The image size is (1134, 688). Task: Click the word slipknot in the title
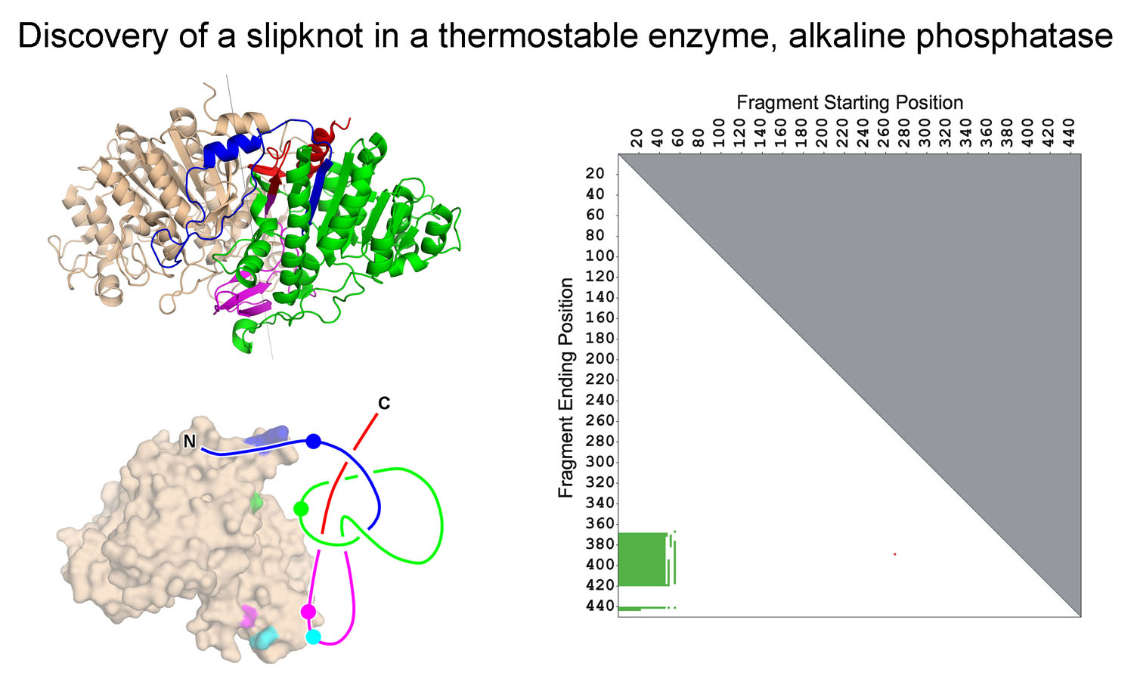coord(305,36)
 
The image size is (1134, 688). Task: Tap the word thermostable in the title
coord(538,36)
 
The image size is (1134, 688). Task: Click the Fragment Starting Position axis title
coord(850,102)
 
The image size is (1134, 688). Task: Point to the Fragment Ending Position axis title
coord(566,387)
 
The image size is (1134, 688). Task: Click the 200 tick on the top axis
coord(822,132)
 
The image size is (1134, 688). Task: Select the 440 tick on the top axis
coord(1069,132)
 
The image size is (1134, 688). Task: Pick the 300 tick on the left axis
coord(600,462)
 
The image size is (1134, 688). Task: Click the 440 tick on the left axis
coord(600,606)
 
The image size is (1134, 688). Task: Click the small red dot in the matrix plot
coord(895,554)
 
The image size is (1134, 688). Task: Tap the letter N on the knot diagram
coord(189,442)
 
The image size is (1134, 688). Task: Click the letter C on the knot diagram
coord(384,404)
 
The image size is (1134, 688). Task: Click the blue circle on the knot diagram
coord(314,442)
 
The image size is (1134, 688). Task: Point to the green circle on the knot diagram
coord(301,508)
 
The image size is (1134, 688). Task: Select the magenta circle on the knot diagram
coord(308,612)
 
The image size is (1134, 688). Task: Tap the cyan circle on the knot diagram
coord(314,637)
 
